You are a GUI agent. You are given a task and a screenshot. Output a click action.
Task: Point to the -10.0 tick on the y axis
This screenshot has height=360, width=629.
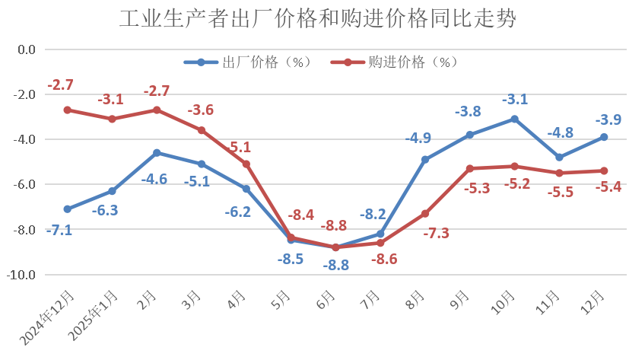tap(22, 274)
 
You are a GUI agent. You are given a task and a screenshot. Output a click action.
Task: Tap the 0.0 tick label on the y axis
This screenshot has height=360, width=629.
tap(27, 49)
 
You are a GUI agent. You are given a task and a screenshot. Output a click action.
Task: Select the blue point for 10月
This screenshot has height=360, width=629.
tap(515, 119)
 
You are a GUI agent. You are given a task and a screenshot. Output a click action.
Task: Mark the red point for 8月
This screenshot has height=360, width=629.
tap(425, 214)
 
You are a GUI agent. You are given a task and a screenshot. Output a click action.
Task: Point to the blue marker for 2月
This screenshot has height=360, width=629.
tap(157, 153)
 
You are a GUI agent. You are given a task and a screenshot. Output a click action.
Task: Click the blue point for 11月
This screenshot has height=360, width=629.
tap(560, 158)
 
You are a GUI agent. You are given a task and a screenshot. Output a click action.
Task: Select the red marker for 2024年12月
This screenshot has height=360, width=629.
tap(68, 110)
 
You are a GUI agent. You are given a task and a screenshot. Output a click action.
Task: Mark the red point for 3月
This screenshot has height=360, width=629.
tap(202, 130)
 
